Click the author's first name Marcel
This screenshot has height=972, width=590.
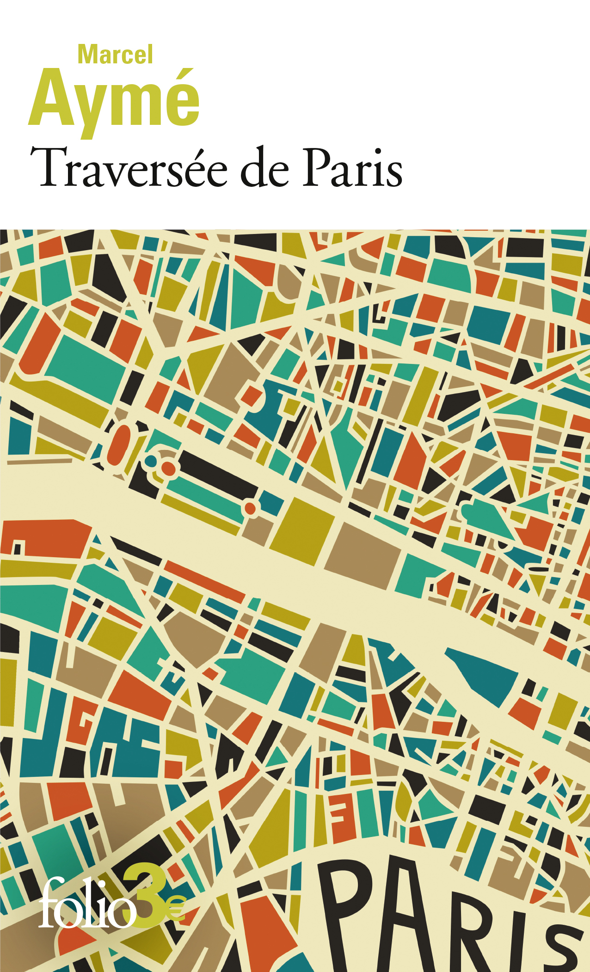click(115, 55)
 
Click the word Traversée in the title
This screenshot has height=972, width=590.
click(129, 169)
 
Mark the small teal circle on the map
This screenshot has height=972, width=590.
click(151, 461)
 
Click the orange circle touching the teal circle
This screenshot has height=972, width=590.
click(169, 468)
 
